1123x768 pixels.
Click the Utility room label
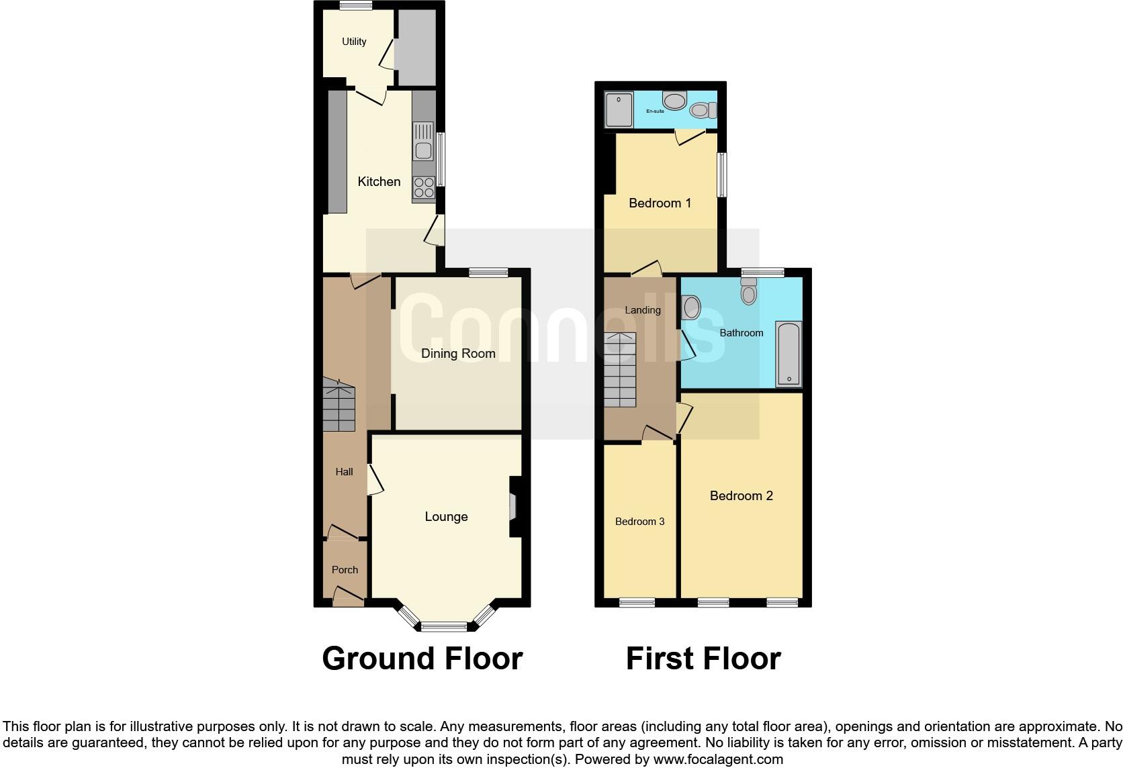pyautogui.click(x=354, y=42)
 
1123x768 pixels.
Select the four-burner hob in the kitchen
pyautogui.click(x=423, y=188)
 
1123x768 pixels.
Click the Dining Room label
pyautogui.click(x=458, y=354)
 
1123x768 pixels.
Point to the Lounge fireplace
pyautogui.click(x=513, y=507)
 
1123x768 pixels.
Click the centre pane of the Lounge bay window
pyautogui.click(x=443, y=627)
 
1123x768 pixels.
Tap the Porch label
pyautogui.click(x=345, y=570)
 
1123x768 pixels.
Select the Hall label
pyautogui.click(x=344, y=472)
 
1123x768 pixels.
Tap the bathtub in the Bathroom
pyautogui.click(x=789, y=354)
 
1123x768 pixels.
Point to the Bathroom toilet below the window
pyautogui.click(x=749, y=292)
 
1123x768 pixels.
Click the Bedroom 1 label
pyautogui.click(x=660, y=203)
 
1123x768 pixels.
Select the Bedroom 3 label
pyautogui.click(x=639, y=522)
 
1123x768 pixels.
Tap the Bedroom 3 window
pyautogui.click(x=637, y=602)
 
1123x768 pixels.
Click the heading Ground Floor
pyautogui.click(x=422, y=659)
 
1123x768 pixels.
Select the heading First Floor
pyautogui.click(x=703, y=659)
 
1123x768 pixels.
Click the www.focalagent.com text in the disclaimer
pyautogui.click(x=718, y=760)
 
